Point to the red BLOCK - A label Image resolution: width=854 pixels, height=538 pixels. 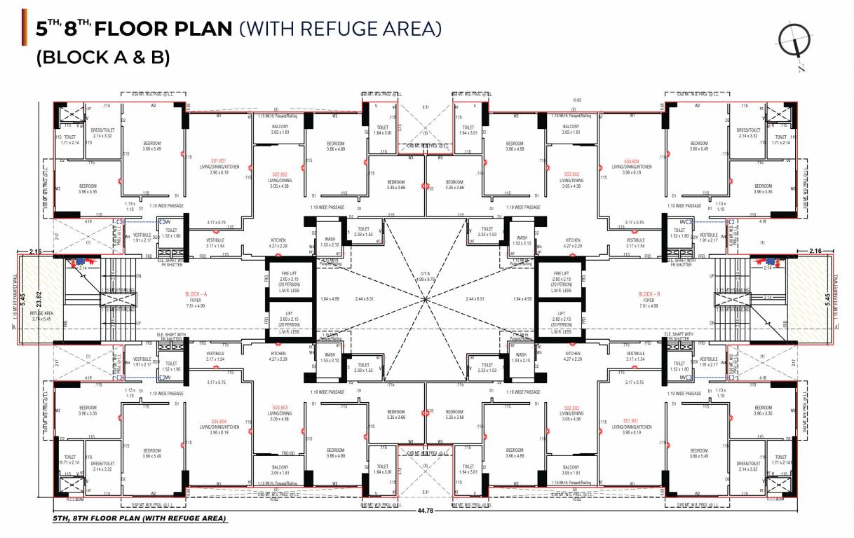[197, 294]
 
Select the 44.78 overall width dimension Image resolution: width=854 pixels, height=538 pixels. [426, 511]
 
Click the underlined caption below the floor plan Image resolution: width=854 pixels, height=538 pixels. [140, 519]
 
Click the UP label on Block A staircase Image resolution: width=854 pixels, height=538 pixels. [138, 323]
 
